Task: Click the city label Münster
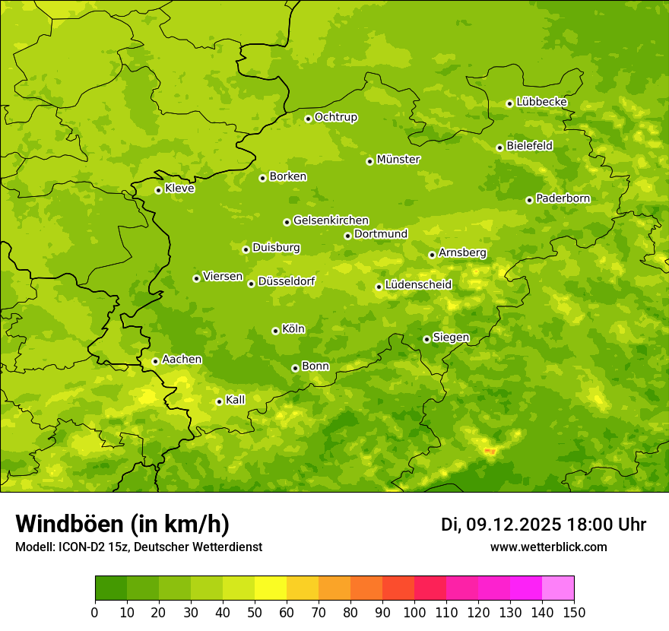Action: click(x=398, y=160)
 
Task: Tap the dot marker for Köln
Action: click(x=275, y=331)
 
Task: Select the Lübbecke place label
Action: click(x=541, y=102)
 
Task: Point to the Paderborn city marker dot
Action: click(x=529, y=200)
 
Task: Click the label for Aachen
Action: click(x=182, y=360)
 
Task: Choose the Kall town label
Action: click(x=235, y=400)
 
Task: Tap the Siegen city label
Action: click(x=451, y=338)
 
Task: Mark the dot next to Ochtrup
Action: click(x=308, y=119)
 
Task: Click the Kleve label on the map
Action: click(x=179, y=189)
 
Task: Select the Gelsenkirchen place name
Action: click(x=331, y=220)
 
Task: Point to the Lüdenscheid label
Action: click(x=418, y=285)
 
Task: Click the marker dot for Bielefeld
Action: click(x=499, y=147)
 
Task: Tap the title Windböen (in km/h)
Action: click(x=122, y=524)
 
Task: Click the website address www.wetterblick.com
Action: click(x=548, y=547)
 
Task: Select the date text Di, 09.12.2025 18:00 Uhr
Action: click(x=543, y=525)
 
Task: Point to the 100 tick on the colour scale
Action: click(x=414, y=612)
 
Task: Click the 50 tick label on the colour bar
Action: click(x=255, y=612)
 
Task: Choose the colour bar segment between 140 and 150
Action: click(x=558, y=588)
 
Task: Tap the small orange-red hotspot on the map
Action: click(x=490, y=452)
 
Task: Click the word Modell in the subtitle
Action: click(x=33, y=547)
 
